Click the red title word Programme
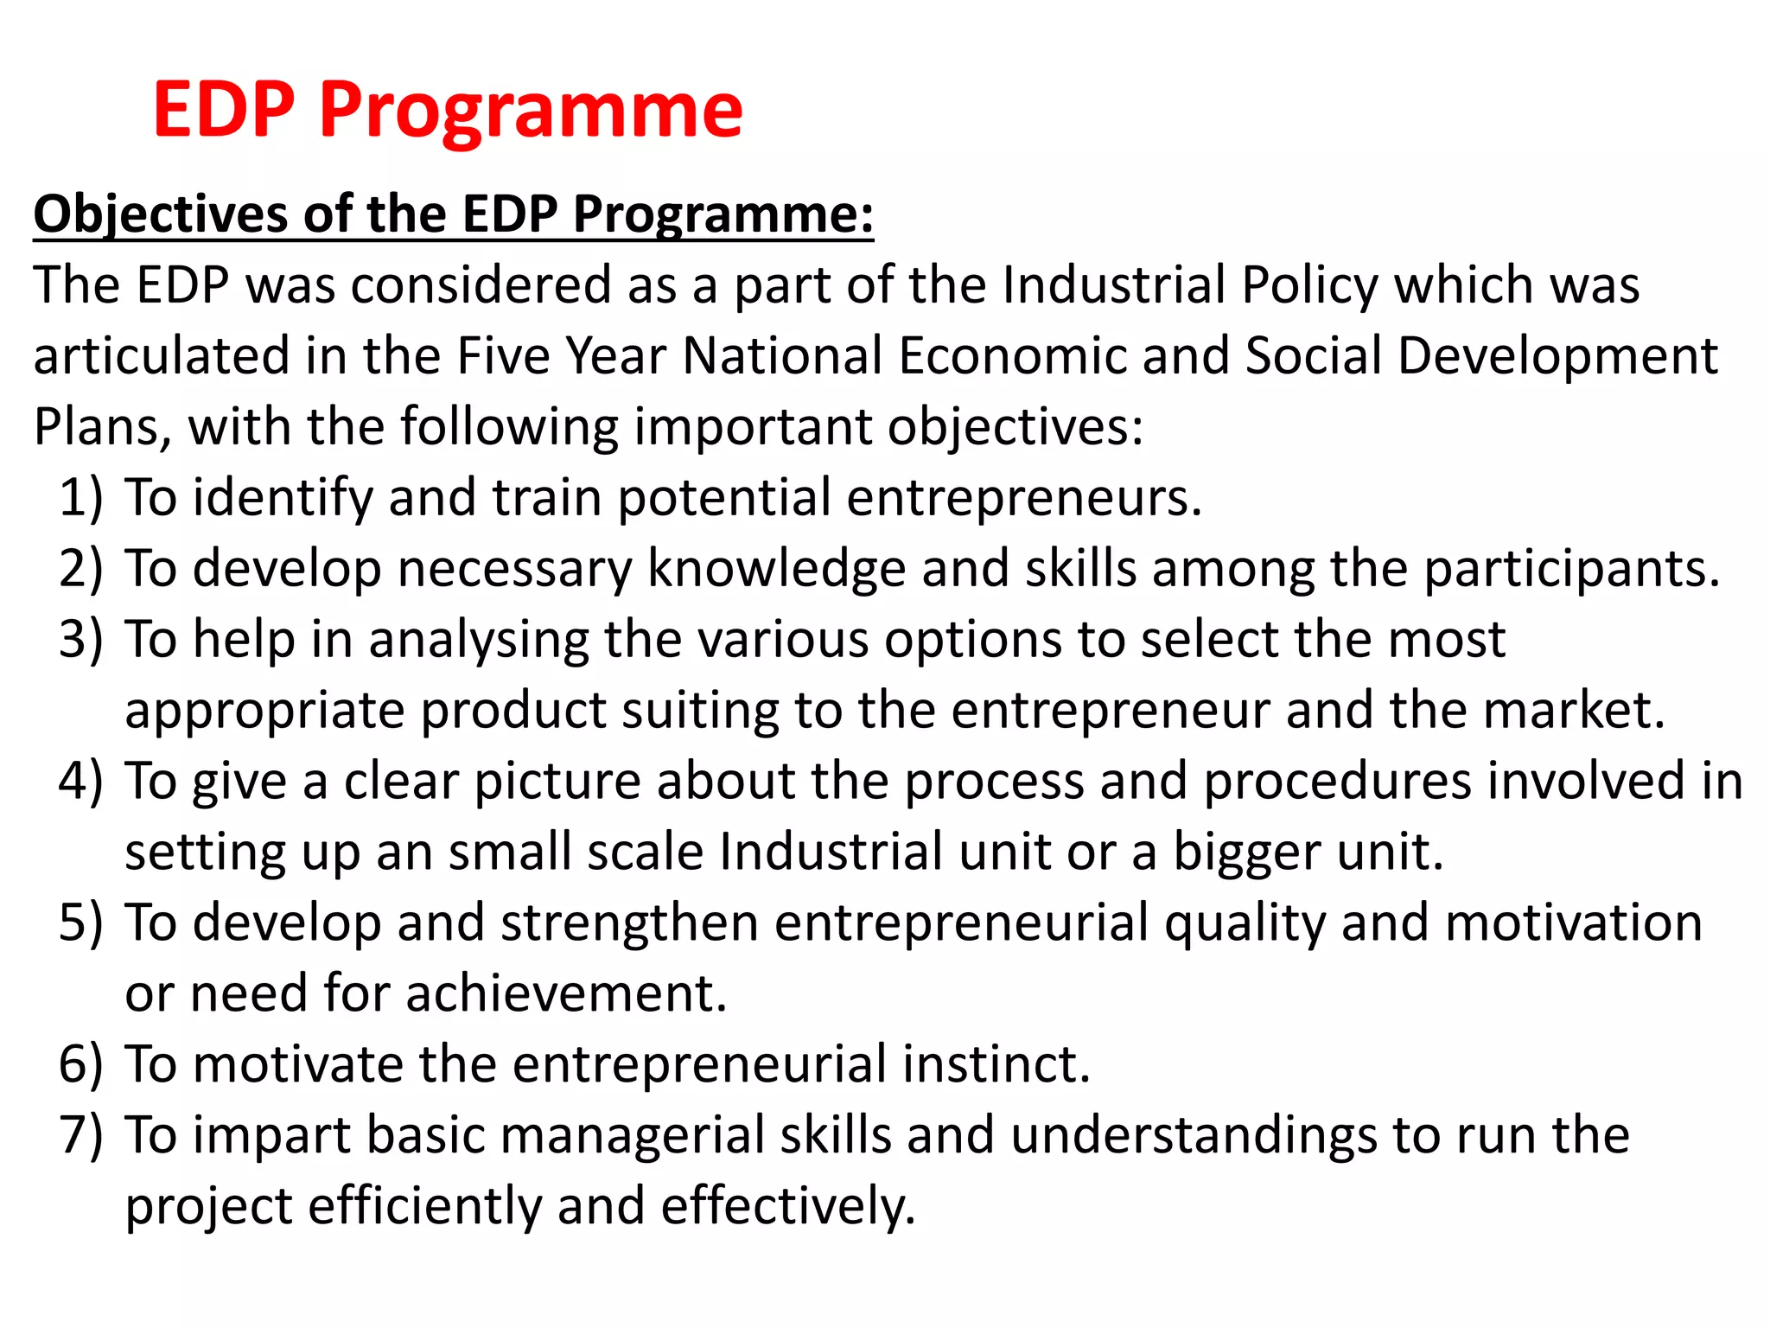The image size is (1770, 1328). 530,111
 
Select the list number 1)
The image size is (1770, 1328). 80,499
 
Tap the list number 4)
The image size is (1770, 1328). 80,782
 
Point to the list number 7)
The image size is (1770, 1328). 80,1136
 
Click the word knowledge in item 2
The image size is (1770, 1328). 776,570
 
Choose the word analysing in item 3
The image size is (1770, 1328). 478,641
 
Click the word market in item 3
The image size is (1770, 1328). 1571,711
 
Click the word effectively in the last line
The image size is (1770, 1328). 786,1206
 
